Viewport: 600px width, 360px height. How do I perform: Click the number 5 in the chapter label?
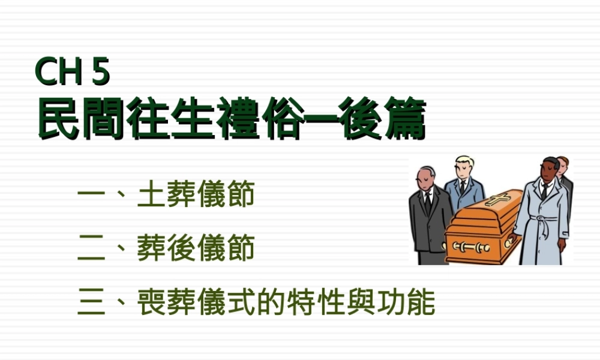[x=101, y=73]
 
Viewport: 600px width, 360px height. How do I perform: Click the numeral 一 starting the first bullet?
[x=92, y=197]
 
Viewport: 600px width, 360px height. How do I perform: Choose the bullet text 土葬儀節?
[x=196, y=196]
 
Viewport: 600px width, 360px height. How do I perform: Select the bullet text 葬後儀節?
[x=196, y=248]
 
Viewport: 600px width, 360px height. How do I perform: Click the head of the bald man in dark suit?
[x=425, y=177]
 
